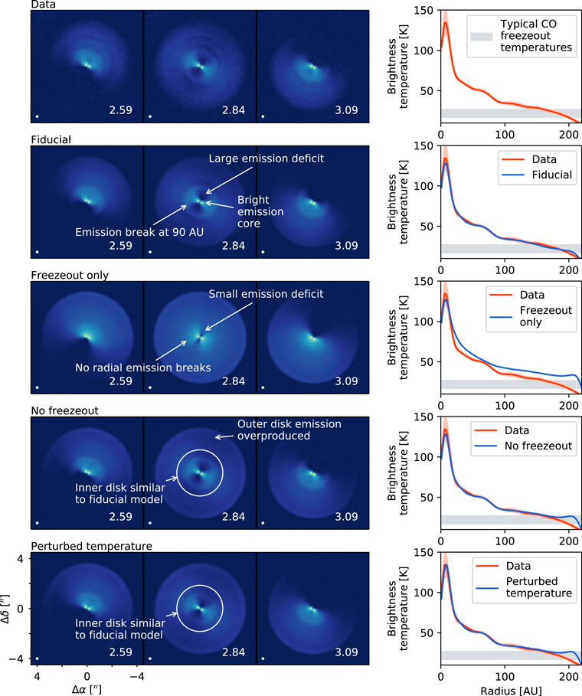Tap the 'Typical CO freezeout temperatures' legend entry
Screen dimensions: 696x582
[535, 35]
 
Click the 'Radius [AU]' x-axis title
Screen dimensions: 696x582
[511, 689]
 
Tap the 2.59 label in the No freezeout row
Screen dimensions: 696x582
[120, 517]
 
